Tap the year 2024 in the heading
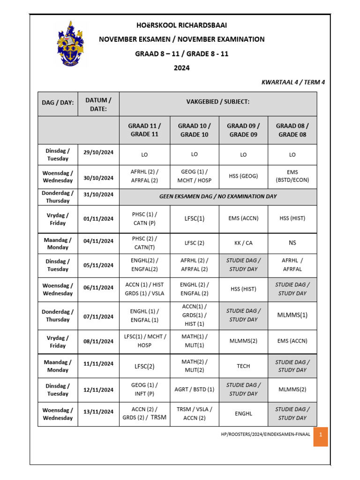click(x=181, y=67)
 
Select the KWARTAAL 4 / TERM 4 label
click(x=293, y=82)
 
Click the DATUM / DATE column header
click(x=98, y=104)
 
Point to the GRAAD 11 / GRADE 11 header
click(x=144, y=130)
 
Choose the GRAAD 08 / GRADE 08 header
click(x=292, y=130)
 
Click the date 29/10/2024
click(x=98, y=152)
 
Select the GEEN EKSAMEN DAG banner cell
click(x=218, y=196)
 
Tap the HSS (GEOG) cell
click(x=243, y=176)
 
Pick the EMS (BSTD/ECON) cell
click(x=292, y=176)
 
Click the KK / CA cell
click(x=243, y=243)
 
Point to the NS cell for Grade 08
click(x=292, y=243)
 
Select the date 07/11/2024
click(x=98, y=316)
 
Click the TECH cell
click(x=243, y=366)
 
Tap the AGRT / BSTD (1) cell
click(x=194, y=390)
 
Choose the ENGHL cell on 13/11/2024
click(x=243, y=414)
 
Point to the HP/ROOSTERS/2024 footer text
click(x=265, y=435)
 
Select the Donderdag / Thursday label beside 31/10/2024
click(x=58, y=197)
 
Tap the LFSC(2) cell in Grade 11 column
click(x=144, y=366)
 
